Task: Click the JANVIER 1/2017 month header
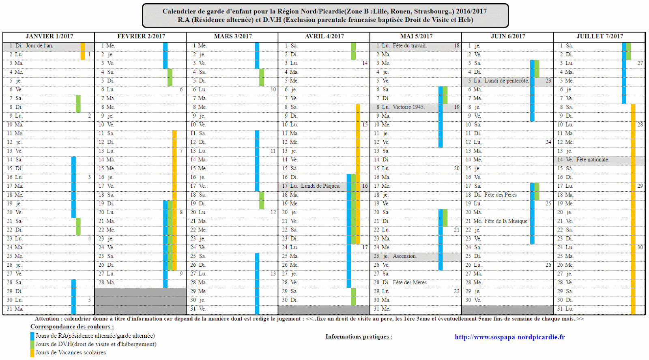[x=49, y=36]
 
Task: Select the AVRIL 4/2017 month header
[x=324, y=36]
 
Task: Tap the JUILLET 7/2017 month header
[x=599, y=36]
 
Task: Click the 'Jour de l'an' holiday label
[x=39, y=46]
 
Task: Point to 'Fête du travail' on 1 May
[x=409, y=46]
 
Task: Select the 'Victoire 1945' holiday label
[x=408, y=107]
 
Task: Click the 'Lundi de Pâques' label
[x=320, y=186]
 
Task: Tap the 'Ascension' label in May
[x=404, y=256]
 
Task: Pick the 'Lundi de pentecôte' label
[x=507, y=81]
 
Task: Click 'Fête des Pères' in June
[x=501, y=195]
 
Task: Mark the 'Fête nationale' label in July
[x=592, y=160]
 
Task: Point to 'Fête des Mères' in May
[x=409, y=283]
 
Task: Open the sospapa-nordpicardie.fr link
[x=509, y=337]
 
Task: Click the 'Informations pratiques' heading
[x=359, y=336]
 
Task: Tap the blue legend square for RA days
[x=32, y=336]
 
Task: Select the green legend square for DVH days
[x=32, y=345]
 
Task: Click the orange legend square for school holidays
[x=32, y=353]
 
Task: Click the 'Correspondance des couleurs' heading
[x=72, y=327]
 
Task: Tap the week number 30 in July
[x=640, y=247]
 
